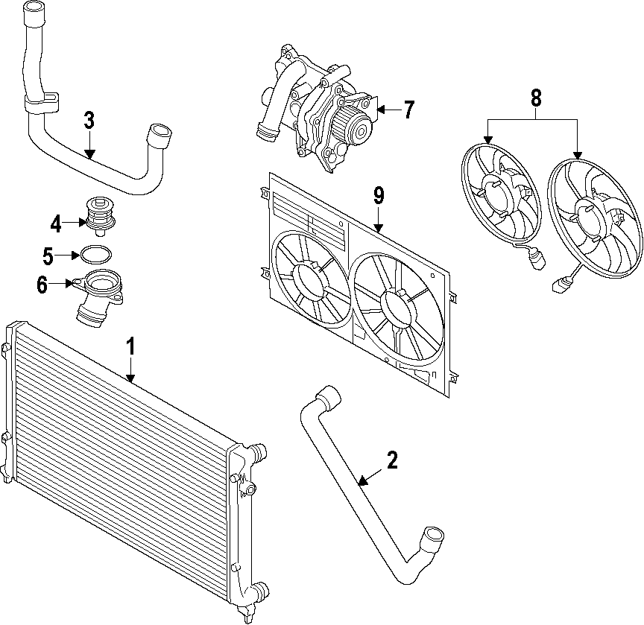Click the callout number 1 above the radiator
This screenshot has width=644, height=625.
pos(131,346)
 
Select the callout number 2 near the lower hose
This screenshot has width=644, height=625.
pos(391,460)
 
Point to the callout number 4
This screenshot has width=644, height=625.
pos(57,222)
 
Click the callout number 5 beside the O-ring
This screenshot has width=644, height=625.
pos(48,257)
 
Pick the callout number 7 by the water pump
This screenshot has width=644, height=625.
pos(408,110)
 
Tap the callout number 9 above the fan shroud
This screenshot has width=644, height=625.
pos(379,196)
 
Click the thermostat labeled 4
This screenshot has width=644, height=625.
pos(97,212)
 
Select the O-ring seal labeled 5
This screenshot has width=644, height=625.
pos(95,255)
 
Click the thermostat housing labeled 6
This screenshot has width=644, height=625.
pos(97,294)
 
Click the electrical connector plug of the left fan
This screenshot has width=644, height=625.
pos(535,261)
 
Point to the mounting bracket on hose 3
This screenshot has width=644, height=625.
pos(42,101)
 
